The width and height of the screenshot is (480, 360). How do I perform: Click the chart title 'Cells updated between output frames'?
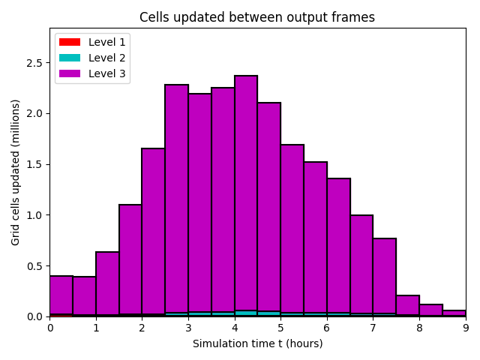point(257,17)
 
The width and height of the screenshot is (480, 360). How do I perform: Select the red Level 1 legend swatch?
point(70,42)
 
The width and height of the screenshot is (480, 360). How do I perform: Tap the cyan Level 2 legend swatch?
point(70,58)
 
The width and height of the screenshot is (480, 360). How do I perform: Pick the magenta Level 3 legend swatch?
point(70,74)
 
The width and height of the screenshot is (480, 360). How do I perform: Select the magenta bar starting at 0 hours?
point(61,295)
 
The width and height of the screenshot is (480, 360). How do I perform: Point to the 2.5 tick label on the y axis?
point(32,63)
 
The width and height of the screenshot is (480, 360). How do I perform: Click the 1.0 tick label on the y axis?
point(32,215)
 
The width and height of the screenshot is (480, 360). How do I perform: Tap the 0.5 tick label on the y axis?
point(32,266)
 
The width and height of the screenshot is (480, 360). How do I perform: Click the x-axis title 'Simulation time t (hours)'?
point(257,343)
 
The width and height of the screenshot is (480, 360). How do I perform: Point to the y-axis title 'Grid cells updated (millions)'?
point(16,172)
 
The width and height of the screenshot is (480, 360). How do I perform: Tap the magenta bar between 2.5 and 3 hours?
point(177,199)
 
